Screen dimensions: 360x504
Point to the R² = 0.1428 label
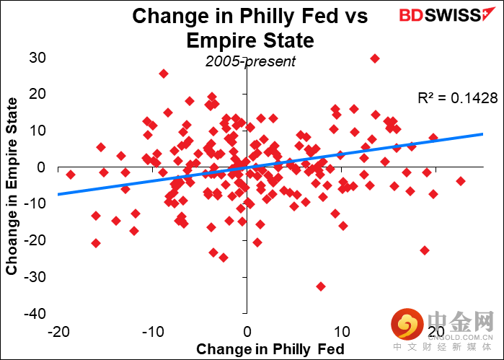pyautogui.click(x=458, y=98)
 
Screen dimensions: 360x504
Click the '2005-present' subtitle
pyautogui.click(x=250, y=61)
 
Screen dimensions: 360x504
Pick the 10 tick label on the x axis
pyautogui.click(x=341, y=331)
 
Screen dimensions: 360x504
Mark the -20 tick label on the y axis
pyautogui.click(x=33, y=240)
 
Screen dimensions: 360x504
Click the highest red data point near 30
pyautogui.click(x=374, y=58)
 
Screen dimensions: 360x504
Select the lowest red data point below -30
pyautogui.click(x=321, y=286)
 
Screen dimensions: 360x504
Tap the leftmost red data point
pyautogui.click(x=71, y=175)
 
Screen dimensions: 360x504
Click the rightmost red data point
pyautogui.click(x=461, y=181)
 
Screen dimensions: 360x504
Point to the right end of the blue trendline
pyautogui.click(x=482, y=133)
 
